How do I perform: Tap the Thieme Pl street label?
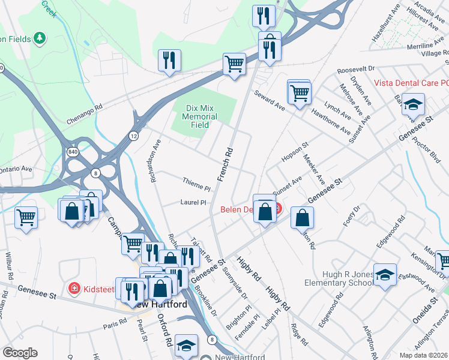196,181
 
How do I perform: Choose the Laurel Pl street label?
193,203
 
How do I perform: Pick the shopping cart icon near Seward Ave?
299,93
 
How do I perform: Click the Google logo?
19,353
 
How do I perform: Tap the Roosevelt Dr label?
356,70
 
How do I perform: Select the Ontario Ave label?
16,169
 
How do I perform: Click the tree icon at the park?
40,38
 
